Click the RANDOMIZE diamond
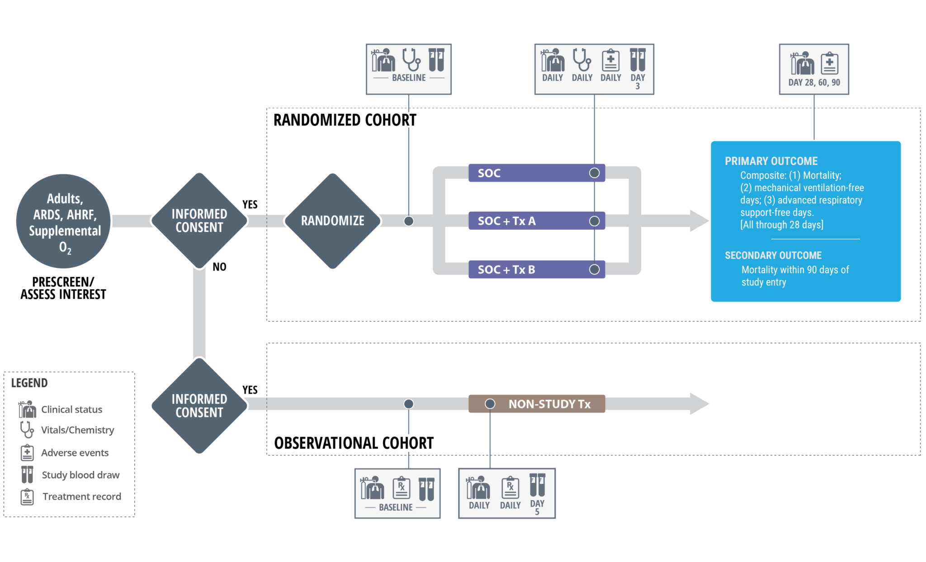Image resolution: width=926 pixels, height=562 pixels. [x=333, y=221]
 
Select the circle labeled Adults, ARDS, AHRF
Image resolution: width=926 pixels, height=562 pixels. [x=63, y=221]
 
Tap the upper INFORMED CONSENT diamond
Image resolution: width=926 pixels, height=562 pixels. [x=199, y=220]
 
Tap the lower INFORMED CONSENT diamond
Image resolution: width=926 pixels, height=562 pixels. [x=199, y=405]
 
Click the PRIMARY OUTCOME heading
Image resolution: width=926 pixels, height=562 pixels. [x=771, y=161]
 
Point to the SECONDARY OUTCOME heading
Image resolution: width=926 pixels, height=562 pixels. [x=773, y=255]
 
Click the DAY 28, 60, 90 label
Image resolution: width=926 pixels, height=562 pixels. [x=814, y=82]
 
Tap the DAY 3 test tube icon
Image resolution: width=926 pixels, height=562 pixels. [x=638, y=60]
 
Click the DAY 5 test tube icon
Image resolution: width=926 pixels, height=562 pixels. [x=537, y=485]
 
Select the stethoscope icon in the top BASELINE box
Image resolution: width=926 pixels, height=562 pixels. [x=411, y=60]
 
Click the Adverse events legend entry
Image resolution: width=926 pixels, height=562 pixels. [x=75, y=452]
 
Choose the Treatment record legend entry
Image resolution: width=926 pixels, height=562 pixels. [x=81, y=496]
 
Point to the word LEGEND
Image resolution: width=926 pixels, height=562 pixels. [x=29, y=383]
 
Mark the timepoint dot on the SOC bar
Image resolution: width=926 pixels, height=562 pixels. [x=595, y=173]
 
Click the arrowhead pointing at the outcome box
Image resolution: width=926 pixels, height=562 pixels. [x=699, y=221]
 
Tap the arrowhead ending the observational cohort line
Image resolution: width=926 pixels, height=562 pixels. [x=699, y=404]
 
